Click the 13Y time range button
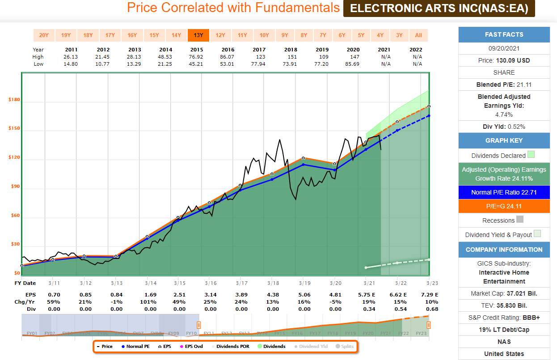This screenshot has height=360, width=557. pos(198,35)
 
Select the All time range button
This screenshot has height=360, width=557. pos(418,35)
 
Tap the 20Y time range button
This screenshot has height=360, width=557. pos(44,35)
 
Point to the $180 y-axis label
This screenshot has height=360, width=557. pos(14,100)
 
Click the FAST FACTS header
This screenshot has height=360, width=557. pos(504,34)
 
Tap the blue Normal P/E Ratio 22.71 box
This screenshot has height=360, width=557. pos(504,192)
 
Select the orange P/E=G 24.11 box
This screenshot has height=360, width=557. pos(504,206)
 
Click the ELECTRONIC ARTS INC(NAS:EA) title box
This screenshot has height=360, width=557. pos(439,8)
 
